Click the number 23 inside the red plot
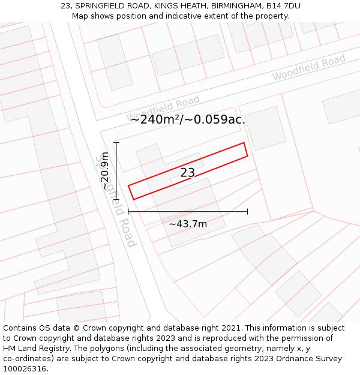[x=188, y=173]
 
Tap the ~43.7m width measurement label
[x=188, y=224]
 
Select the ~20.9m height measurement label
[x=105, y=171]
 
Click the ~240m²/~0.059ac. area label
[x=188, y=119]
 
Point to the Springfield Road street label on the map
[x=115, y=201]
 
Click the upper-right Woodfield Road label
[x=308, y=68]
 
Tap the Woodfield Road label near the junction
[x=163, y=107]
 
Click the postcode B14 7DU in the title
[x=283, y=6]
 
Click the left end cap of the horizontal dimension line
[x=128, y=211]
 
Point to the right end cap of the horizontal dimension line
[x=247, y=211]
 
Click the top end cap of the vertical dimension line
[x=116, y=142]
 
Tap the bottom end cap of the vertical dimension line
[x=116, y=199]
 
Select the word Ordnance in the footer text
[x=289, y=359]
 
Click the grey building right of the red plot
[x=265, y=128]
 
